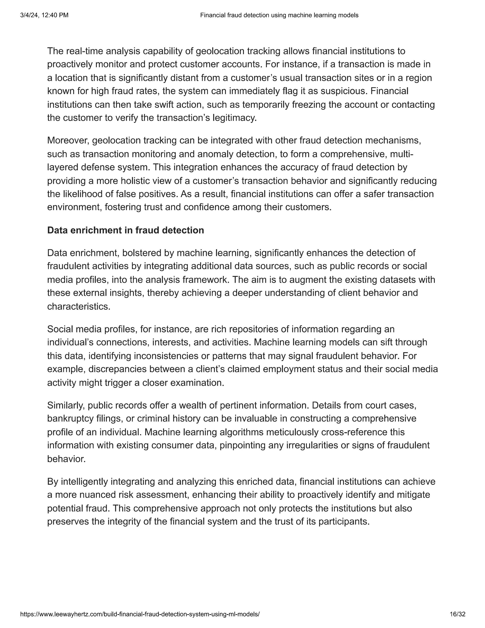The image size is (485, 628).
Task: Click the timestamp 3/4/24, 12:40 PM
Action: click(x=44, y=15)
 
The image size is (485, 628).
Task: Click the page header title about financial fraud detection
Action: click(x=279, y=15)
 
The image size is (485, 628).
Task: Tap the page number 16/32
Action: click(x=457, y=614)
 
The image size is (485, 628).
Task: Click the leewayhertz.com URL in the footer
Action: click(x=140, y=614)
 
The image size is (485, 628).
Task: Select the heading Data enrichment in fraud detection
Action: click(x=126, y=230)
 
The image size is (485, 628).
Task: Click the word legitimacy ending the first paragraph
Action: click(x=234, y=118)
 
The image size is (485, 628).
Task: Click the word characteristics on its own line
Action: click(x=78, y=306)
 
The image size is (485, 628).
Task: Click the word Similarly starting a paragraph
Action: click(x=66, y=405)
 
